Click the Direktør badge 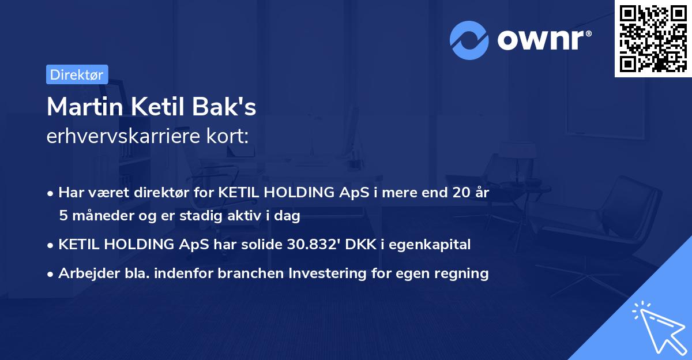(77, 74)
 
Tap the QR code (653, 38)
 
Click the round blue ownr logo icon (469, 40)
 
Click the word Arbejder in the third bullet (83, 273)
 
